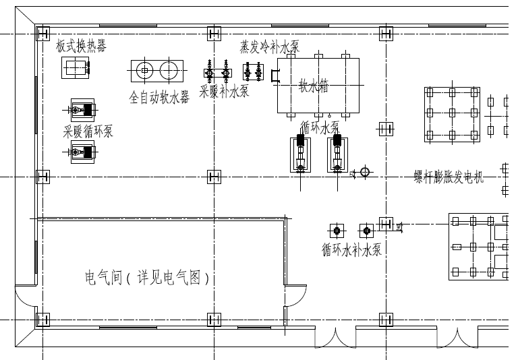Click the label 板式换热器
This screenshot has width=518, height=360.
pyautogui.click(x=81, y=46)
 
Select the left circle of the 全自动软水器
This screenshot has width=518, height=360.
pyautogui.click(x=144, y=69)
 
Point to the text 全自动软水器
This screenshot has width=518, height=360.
pyautogui.click(x=159, y=98)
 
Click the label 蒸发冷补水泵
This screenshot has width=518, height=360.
pyautogui.click(x=269, y=47)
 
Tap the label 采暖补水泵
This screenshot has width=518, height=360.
pyautogui.click(x=224, y=91)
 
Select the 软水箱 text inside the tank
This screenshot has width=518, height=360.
pyautogui.click(x=314, y=86)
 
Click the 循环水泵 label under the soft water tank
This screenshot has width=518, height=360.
pyautogui.click(x=320, y=127)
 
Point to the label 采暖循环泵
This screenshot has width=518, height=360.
pyautogui.click(x=88, y=131)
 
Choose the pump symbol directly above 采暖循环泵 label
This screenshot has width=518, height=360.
pyautogui.click(x=82, y=110)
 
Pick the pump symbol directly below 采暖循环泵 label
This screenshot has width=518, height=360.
pyautogui.click(x=82, y=154)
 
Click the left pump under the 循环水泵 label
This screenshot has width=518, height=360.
pyautogui.click(x=301, y=154)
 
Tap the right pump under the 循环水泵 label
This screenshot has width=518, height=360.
pyautogui.click(x=337, y=154)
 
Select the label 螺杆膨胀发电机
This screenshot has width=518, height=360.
pyautogui.click(x=449, y=177)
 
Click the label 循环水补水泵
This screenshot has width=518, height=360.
pyautogui.click(x=351, y=249)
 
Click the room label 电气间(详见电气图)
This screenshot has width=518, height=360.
pyautogui.click(x=147, y=277)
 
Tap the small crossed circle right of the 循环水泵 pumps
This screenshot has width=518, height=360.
pyautogui.click(x=365, y=172)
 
